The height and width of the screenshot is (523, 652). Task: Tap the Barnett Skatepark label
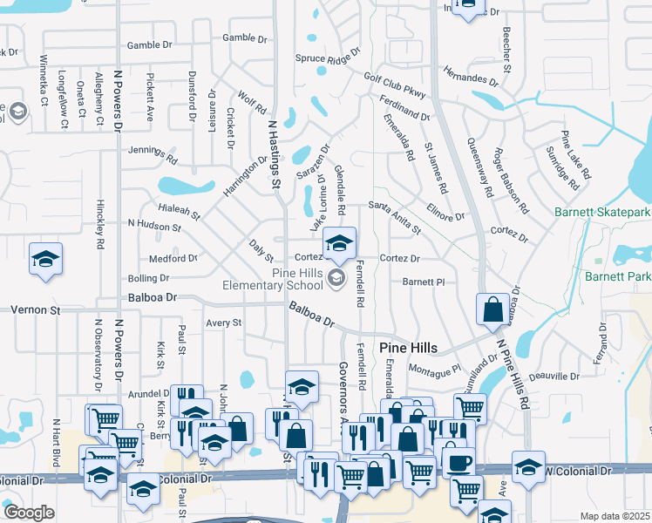pos(602,212)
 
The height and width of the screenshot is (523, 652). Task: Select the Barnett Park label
pos(618,277)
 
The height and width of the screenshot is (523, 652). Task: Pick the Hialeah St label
pos(180,210)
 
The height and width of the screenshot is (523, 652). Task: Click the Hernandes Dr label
pos(470,76)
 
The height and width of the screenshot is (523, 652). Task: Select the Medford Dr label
pos(173,259)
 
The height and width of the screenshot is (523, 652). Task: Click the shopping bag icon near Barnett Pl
pos(493,309)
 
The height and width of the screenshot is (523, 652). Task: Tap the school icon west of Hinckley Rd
pos(45,259)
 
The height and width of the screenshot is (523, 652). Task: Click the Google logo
pos(29,513)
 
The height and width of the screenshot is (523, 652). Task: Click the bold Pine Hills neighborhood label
pos(408,347)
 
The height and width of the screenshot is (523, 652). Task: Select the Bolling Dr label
pos(148,278)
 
